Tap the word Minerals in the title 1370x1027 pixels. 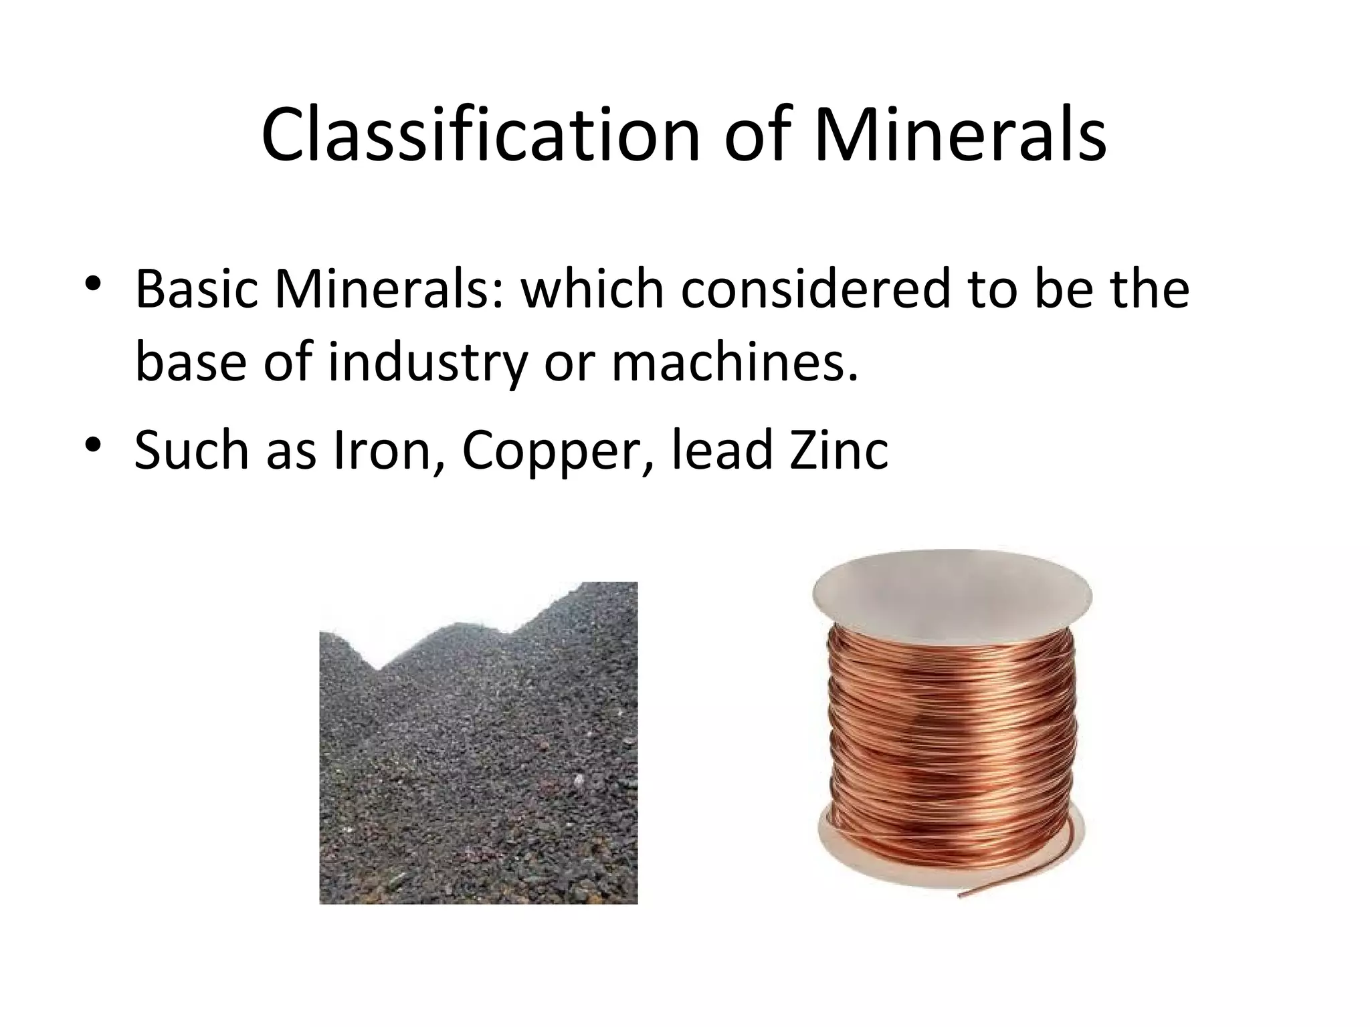pyautogui.click(x=960, y=134)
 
